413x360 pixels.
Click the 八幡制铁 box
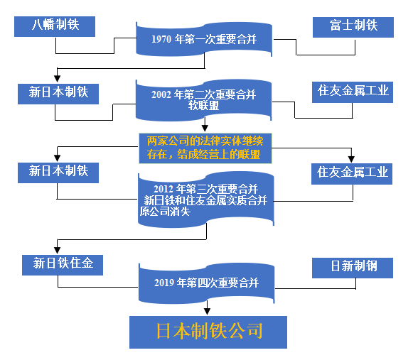55,26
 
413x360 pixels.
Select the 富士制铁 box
353,28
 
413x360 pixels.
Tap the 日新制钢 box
353,268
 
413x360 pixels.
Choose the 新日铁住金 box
63,265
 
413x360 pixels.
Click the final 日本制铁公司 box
208,332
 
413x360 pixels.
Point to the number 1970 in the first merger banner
161,40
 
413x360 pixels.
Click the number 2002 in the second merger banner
161,94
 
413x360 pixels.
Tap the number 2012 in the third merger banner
163,189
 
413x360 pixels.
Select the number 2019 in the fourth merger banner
164,283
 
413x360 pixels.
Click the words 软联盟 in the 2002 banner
203,106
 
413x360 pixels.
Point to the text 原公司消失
165,212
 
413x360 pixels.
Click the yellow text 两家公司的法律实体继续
205,141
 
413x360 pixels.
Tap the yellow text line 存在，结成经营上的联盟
203,155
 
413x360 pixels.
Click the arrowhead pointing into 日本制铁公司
207,312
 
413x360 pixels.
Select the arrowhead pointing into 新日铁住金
58,250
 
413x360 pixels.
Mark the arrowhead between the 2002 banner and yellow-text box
205,128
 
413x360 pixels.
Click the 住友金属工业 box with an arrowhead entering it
352,174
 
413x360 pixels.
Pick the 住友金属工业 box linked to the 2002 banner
353,92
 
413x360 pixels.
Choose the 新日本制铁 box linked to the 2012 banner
58,173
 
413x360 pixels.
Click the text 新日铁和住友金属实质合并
205,200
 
